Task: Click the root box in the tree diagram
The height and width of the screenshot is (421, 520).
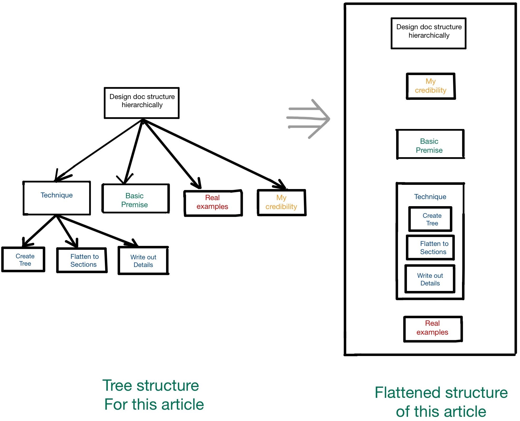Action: point(142,103)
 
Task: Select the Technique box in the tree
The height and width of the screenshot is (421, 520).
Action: point(57,198)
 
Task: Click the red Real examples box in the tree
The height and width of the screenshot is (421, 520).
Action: point(213,203)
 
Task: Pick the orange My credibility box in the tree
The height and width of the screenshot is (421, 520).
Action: point(281,203)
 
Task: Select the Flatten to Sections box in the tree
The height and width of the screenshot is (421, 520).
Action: point(82,260)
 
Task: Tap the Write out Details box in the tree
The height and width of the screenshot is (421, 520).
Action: point(143,261)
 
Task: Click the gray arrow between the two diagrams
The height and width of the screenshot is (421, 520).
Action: point(308,119)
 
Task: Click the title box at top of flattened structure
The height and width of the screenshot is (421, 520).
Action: point(428,33)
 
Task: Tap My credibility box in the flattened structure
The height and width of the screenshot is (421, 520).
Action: point(430,86)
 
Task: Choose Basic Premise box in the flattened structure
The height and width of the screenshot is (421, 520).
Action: point(430,144)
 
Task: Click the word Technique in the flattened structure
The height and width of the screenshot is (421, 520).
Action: point(430,197)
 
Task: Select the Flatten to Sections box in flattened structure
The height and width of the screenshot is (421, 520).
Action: point(430,247)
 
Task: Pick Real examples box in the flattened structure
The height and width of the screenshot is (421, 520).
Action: point(432,329)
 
